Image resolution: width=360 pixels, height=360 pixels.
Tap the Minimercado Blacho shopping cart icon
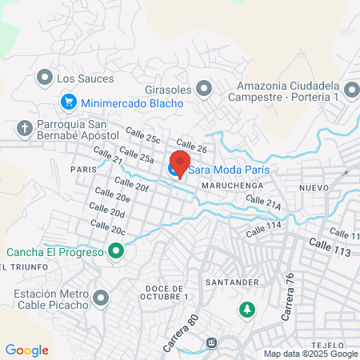[x=69, y=102]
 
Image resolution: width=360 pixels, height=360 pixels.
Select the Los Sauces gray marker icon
[x=44, y=78]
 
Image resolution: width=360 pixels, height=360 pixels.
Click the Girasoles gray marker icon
[x=206, y=88]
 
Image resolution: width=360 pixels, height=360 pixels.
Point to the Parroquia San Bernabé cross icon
[x=25, y=128]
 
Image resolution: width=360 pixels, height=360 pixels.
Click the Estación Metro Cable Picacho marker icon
[x=101, y=299]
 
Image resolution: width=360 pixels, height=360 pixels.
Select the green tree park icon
[x=247, y=308]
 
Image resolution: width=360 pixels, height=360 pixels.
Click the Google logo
[x=26, y=350]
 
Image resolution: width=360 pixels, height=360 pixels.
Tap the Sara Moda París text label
[x=227, y=170]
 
